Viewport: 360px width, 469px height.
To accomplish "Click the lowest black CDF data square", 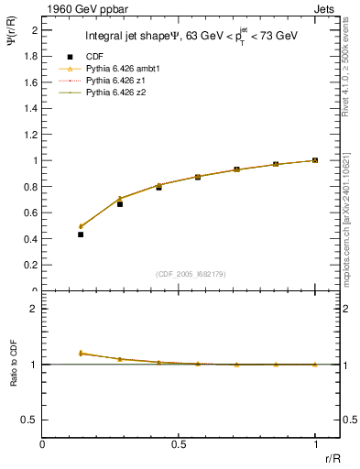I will point(81,234).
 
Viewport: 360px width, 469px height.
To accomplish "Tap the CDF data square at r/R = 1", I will point(315,160).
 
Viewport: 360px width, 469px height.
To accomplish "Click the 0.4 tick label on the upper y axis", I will point(33,239).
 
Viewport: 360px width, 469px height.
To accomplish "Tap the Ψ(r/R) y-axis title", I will point(13,38).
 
